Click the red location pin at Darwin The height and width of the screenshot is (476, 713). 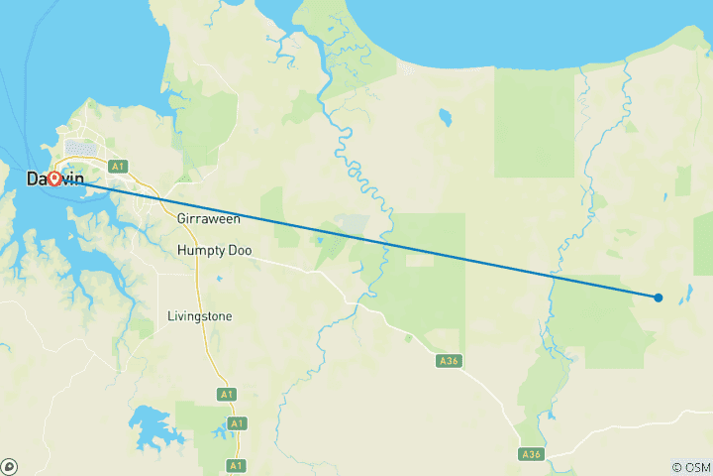[x=54, y=178]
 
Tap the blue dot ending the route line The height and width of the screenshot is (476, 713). [x=659, y=297]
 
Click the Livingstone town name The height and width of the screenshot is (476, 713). [x=200, y=316]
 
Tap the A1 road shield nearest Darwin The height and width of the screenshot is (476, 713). [x=118, y=167]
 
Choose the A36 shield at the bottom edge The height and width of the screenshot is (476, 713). [x=532, y=453]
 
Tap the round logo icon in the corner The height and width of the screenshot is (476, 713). [x=10, y=465]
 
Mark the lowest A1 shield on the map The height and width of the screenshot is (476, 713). [x=236, y=464]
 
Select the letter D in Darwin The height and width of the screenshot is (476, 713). [x=32, y=179]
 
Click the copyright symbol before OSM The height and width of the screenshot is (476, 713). [x=675, y=466]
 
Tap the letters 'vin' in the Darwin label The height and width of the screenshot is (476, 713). [x=72, y=179]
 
